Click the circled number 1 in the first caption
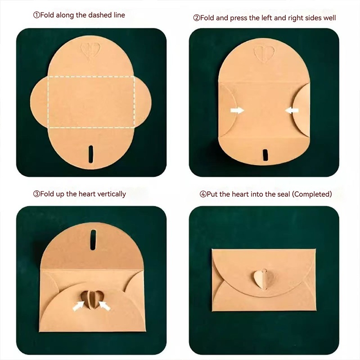36,15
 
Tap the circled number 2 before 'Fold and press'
197,18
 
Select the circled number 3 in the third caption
36,194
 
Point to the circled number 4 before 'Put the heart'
203,194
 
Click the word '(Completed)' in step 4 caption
312,194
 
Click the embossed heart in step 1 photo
90,51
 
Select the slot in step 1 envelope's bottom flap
91,154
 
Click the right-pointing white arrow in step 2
237,110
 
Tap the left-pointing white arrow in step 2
292,110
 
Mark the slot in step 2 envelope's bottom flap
265,155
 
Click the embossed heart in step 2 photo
264,54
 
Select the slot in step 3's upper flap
93,240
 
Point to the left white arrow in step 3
78,306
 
